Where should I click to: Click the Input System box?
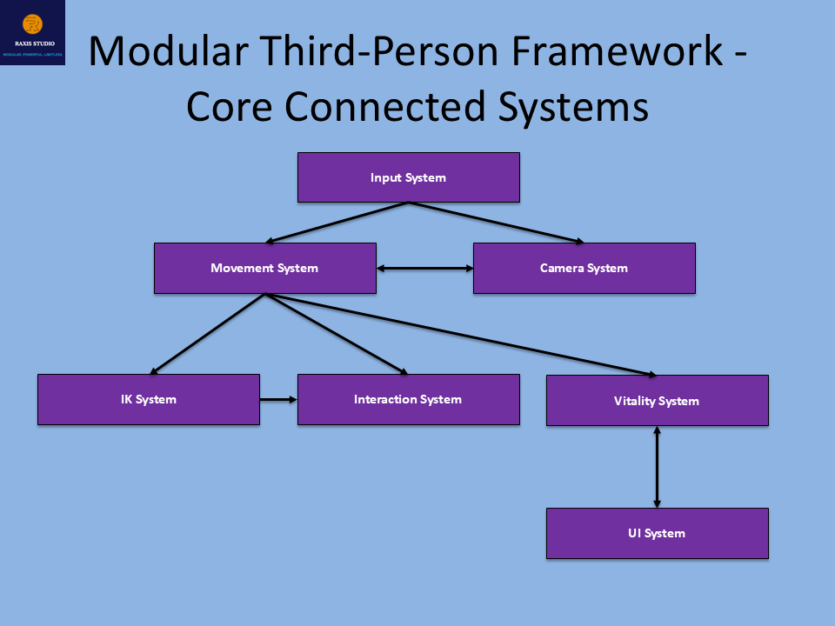pyautogui.click(x=408, y=177)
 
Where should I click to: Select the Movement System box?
pyautogui.click(x=264, y=268)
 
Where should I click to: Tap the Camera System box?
pyautogui.click(x=584, y=268)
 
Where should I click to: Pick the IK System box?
pyautogui.click(x=148, y=399)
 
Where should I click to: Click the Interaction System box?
pyautogui.click(x=408, y=399)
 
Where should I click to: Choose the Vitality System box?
pyautogui.click(x=657, y=401)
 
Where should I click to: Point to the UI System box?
pyautogui.click(x=657, y=533)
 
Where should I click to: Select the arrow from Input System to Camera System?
pyautogui.click(x=496, y=223)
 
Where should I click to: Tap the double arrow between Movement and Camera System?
pyautogui.click(x=424, y=269)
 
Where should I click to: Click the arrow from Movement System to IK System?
pyautogui.click(x=209, y=334)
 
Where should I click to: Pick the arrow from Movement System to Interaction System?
pyautogui.click(x=336, y=334)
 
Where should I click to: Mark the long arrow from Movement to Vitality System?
pyautogui.click(x=461, y=335)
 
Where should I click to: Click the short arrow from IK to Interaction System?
pyautogui.click(x=278, y=400)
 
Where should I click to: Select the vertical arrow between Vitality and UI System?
pyautogui.click(x=657, y=467)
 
